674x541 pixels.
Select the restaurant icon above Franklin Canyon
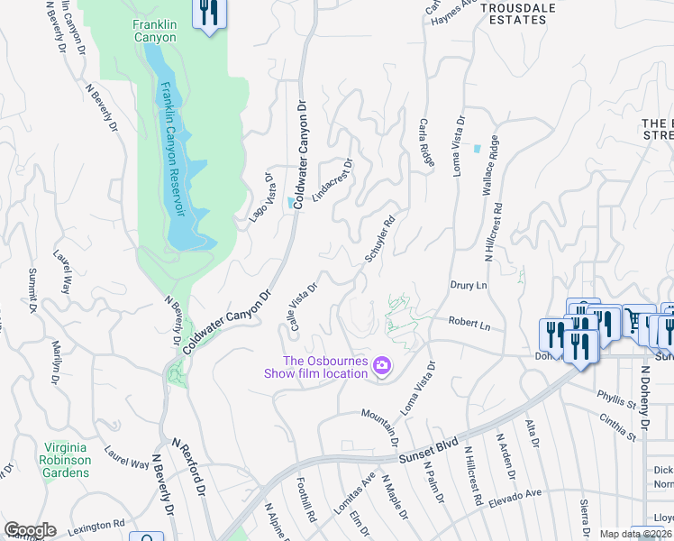210,14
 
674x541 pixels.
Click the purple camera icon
383,365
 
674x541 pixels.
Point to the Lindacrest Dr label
332,179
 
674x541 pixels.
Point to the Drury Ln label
468,285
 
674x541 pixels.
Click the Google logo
30,530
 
